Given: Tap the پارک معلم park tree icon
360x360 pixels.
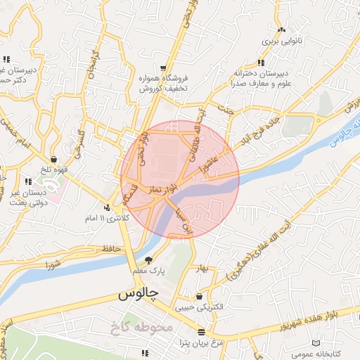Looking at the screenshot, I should [148, 260].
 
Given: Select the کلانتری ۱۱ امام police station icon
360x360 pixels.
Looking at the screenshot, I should [107, 207].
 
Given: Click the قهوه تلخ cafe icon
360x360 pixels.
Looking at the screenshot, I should [55, 160].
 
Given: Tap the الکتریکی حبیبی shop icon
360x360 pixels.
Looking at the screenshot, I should [200, 297].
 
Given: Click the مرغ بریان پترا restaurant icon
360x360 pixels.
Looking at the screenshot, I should [202, 331].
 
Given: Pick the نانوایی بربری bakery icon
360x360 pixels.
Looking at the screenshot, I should [282, 30].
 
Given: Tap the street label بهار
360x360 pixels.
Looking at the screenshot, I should [204, 270].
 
